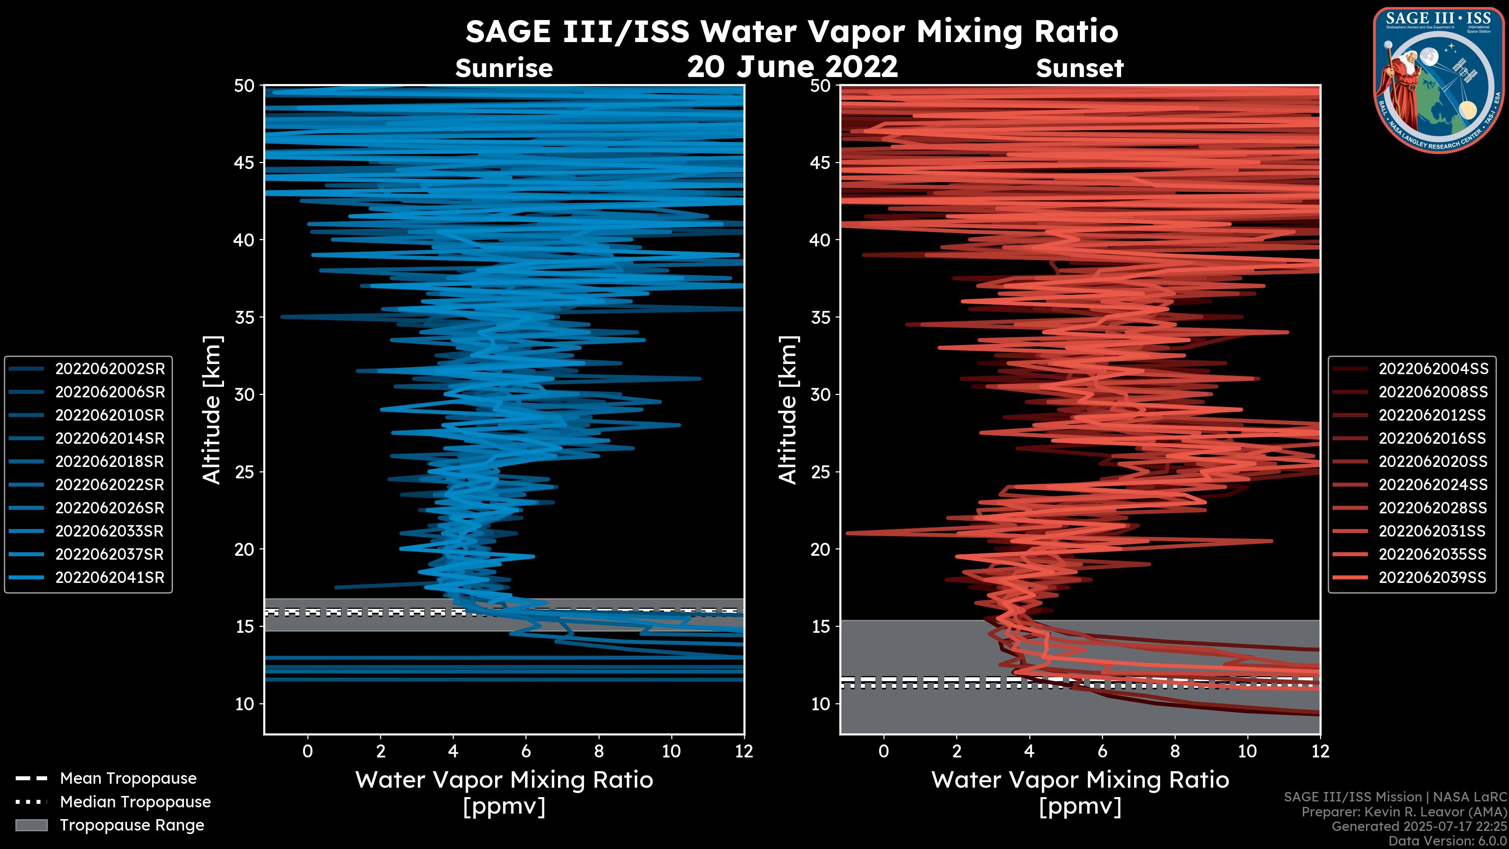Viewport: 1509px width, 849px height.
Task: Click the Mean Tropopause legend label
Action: pos(128,779)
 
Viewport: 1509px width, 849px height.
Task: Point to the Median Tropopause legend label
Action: pos(135,802)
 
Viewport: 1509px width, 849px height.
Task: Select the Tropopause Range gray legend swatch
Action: pos(31,825)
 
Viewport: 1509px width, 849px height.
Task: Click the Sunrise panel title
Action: pos(504,68)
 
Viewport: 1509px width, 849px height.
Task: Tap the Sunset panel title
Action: pos(1079,68)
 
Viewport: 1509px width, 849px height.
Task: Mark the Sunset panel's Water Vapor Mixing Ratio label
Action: pos(1079,780)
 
